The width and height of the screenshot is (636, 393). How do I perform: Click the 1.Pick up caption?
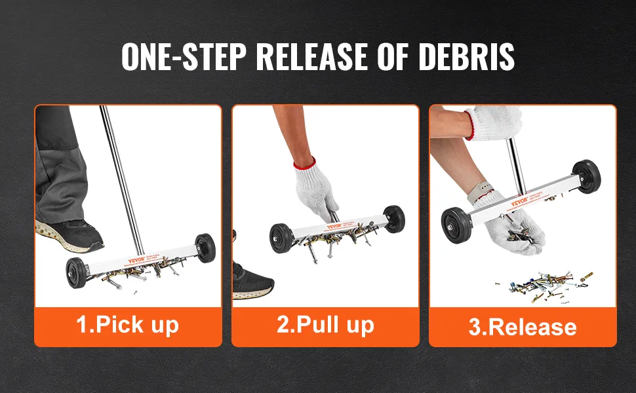(x=128, y=324)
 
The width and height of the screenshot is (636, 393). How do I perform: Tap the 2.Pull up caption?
(x=325, y=324)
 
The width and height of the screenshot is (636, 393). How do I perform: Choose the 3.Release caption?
(x=523, y=326)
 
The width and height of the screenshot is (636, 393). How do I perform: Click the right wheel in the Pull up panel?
(x=394, y=219)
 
